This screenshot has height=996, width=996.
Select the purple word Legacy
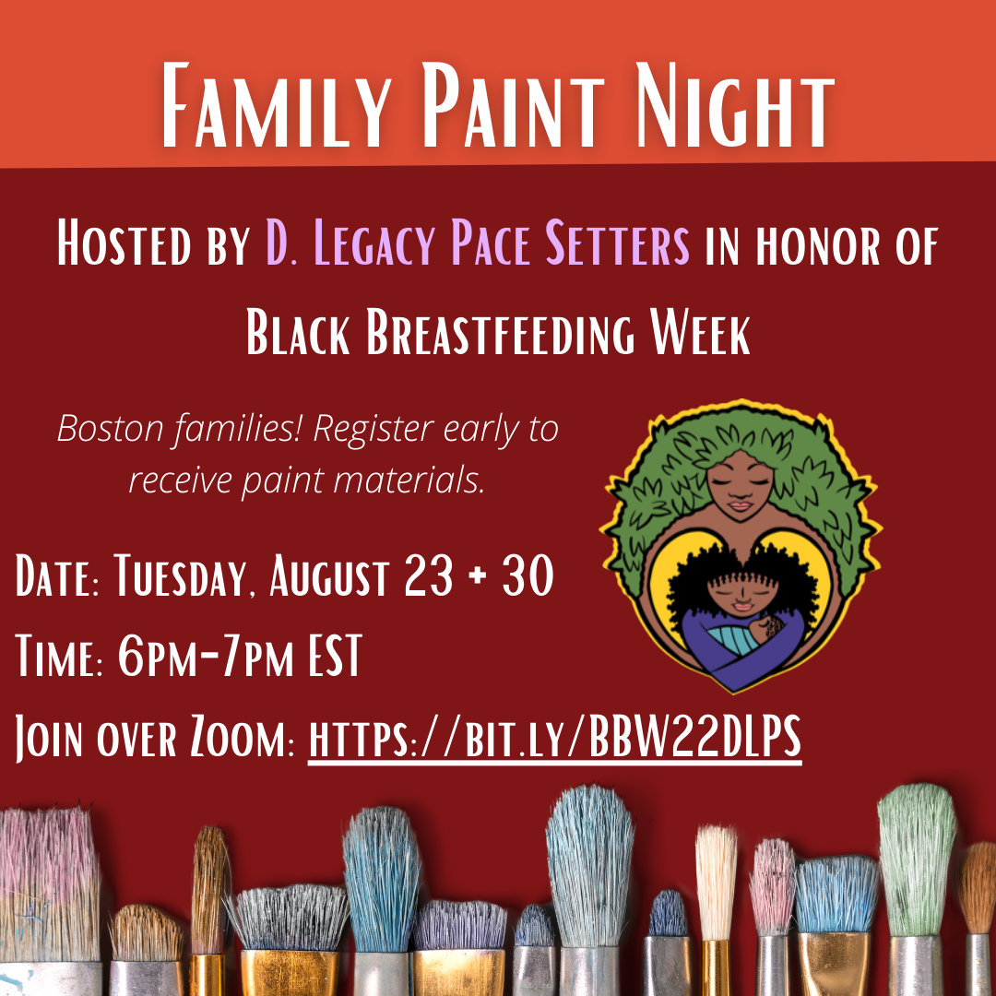pyautogui.click(x=374, y=243)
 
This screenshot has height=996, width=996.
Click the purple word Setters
pyautogui.click(x=617, y=243)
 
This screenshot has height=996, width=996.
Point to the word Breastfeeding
pyautogui.click(x=500, y=332)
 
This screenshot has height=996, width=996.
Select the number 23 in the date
pyautogui.click(x=429, y=575)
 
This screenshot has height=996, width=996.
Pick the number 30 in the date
pyautogui.click(x=528, y=575)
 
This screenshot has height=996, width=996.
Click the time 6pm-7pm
pyautogui.click(x=206, y=656)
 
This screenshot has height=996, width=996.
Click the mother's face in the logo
pyautogui.click(x=741, y=487)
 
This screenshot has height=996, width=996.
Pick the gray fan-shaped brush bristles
pyautogui.click(x=289, y=918)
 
